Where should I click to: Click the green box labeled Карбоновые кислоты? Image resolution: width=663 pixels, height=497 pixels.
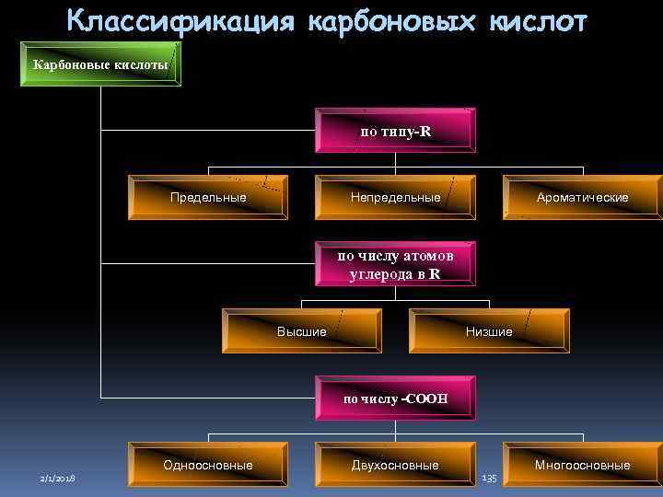pyautogui.click(x=100, y=64)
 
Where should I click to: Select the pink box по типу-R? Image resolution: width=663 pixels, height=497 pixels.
pyautogui.click(x=395, y=131)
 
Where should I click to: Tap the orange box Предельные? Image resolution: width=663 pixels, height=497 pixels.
pyautogui.click(x=208, y=197)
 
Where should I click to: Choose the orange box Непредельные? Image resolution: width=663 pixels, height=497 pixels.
pyautogui.click(x=395, y=197)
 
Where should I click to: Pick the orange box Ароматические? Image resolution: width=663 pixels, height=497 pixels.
pyautogui.click(x=583, y=197)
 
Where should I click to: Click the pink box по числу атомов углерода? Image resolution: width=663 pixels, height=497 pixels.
pyautogui.click(x=395, y=264)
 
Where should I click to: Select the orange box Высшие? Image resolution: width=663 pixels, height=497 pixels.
pyautogui.click(x=301, y=331)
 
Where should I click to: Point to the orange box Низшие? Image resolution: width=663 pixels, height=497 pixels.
pyautogui.click(x=489, y=331)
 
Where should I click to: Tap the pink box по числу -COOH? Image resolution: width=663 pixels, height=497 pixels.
pyautogui.click(x=395, y=399)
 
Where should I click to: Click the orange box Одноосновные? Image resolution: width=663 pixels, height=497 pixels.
pyautogui.click(x=208, y=466)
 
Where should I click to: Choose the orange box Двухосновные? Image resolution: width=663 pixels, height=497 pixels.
pyautogui.click(x=395, y=466)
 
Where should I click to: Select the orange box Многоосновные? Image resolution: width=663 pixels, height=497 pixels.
pyautogui.click(x=583, y=466)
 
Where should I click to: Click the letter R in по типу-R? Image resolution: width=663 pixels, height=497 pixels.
pyautogui.click(x=425, y=132)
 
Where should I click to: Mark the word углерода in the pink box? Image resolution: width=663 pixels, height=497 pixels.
pyautogui.click(x=381, y=273)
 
